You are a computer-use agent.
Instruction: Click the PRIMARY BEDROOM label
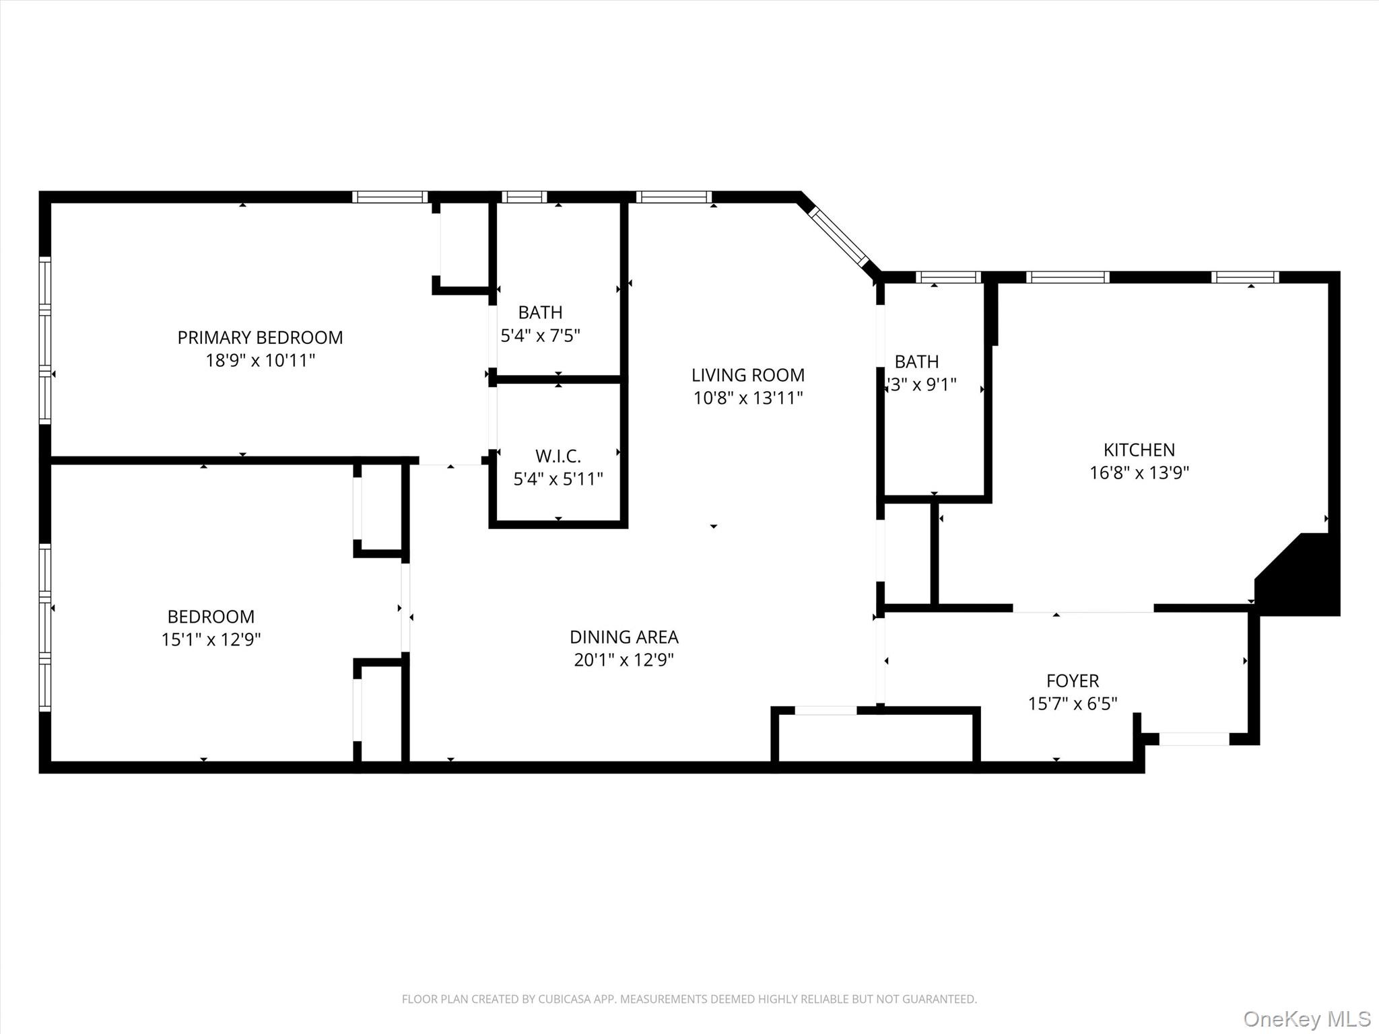[x=260, y=337]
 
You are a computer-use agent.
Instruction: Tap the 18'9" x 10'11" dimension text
[x=260, y=360]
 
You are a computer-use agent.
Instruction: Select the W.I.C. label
[x=558, y=456]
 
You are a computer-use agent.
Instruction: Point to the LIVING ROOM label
[x=747, y=375]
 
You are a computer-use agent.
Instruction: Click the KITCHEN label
[x=1139, y=450]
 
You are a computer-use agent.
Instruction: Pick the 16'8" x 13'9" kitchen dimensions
[x=1139, y=473]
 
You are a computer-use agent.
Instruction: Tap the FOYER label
[x=1072, y=681]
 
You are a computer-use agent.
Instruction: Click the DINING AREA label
[x=624, y=637]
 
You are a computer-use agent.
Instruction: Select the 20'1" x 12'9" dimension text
[x=624, y=660]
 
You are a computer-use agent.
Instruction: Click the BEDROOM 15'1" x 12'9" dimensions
[x=211, y=639]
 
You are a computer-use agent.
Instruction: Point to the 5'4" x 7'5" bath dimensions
[x=540, y=335]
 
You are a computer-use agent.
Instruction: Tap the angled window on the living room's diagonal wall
[x=838, y=236]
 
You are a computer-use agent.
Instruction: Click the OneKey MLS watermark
[x=1306, y=1019]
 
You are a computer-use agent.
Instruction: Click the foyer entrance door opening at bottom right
[x=1193, y=738]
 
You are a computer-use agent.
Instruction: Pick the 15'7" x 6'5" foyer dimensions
[x=1072, y=703]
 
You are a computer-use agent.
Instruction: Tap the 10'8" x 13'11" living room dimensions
[x=747, y=398]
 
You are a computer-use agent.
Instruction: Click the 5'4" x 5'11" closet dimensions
[x=558, y=479]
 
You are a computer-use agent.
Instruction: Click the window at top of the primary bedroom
[x=390, y=197]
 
